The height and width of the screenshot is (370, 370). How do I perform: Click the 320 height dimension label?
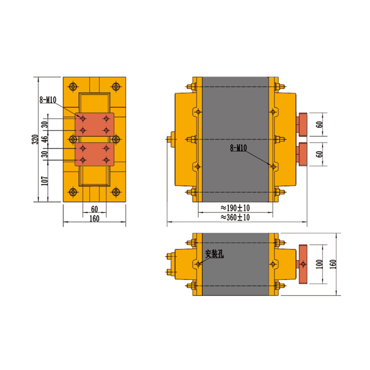[36, 140]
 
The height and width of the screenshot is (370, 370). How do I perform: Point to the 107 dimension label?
[44, 181]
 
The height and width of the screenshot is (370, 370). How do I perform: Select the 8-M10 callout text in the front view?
[48, 100]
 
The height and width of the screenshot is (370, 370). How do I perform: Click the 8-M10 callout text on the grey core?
[238, 148]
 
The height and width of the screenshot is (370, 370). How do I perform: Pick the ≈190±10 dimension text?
[235, 208]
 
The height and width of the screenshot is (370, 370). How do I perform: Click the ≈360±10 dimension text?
[235, 217]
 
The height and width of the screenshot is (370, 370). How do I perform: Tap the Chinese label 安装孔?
[214, 254]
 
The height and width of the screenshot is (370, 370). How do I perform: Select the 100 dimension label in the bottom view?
[319, 264]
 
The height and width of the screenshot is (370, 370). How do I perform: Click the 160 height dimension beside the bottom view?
[333, 264]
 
